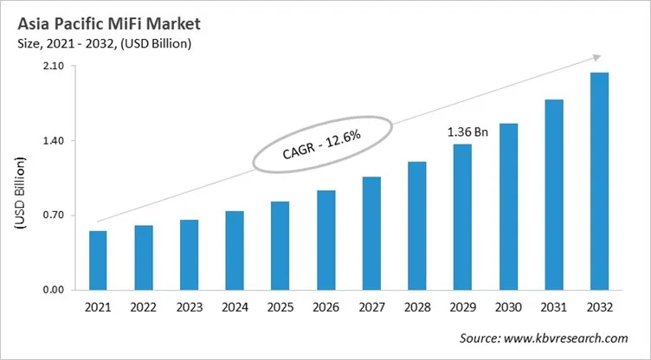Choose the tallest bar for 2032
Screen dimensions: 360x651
point(599,181)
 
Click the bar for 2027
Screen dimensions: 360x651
point(371,233)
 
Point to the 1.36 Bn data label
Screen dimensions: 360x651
point(467,132)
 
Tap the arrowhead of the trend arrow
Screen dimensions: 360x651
point(596,57)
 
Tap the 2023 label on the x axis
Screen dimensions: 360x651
point(189,308)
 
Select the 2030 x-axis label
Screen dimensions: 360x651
point(508,308)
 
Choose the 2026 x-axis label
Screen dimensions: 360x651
point(325,308)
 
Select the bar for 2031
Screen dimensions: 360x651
point(554,195)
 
